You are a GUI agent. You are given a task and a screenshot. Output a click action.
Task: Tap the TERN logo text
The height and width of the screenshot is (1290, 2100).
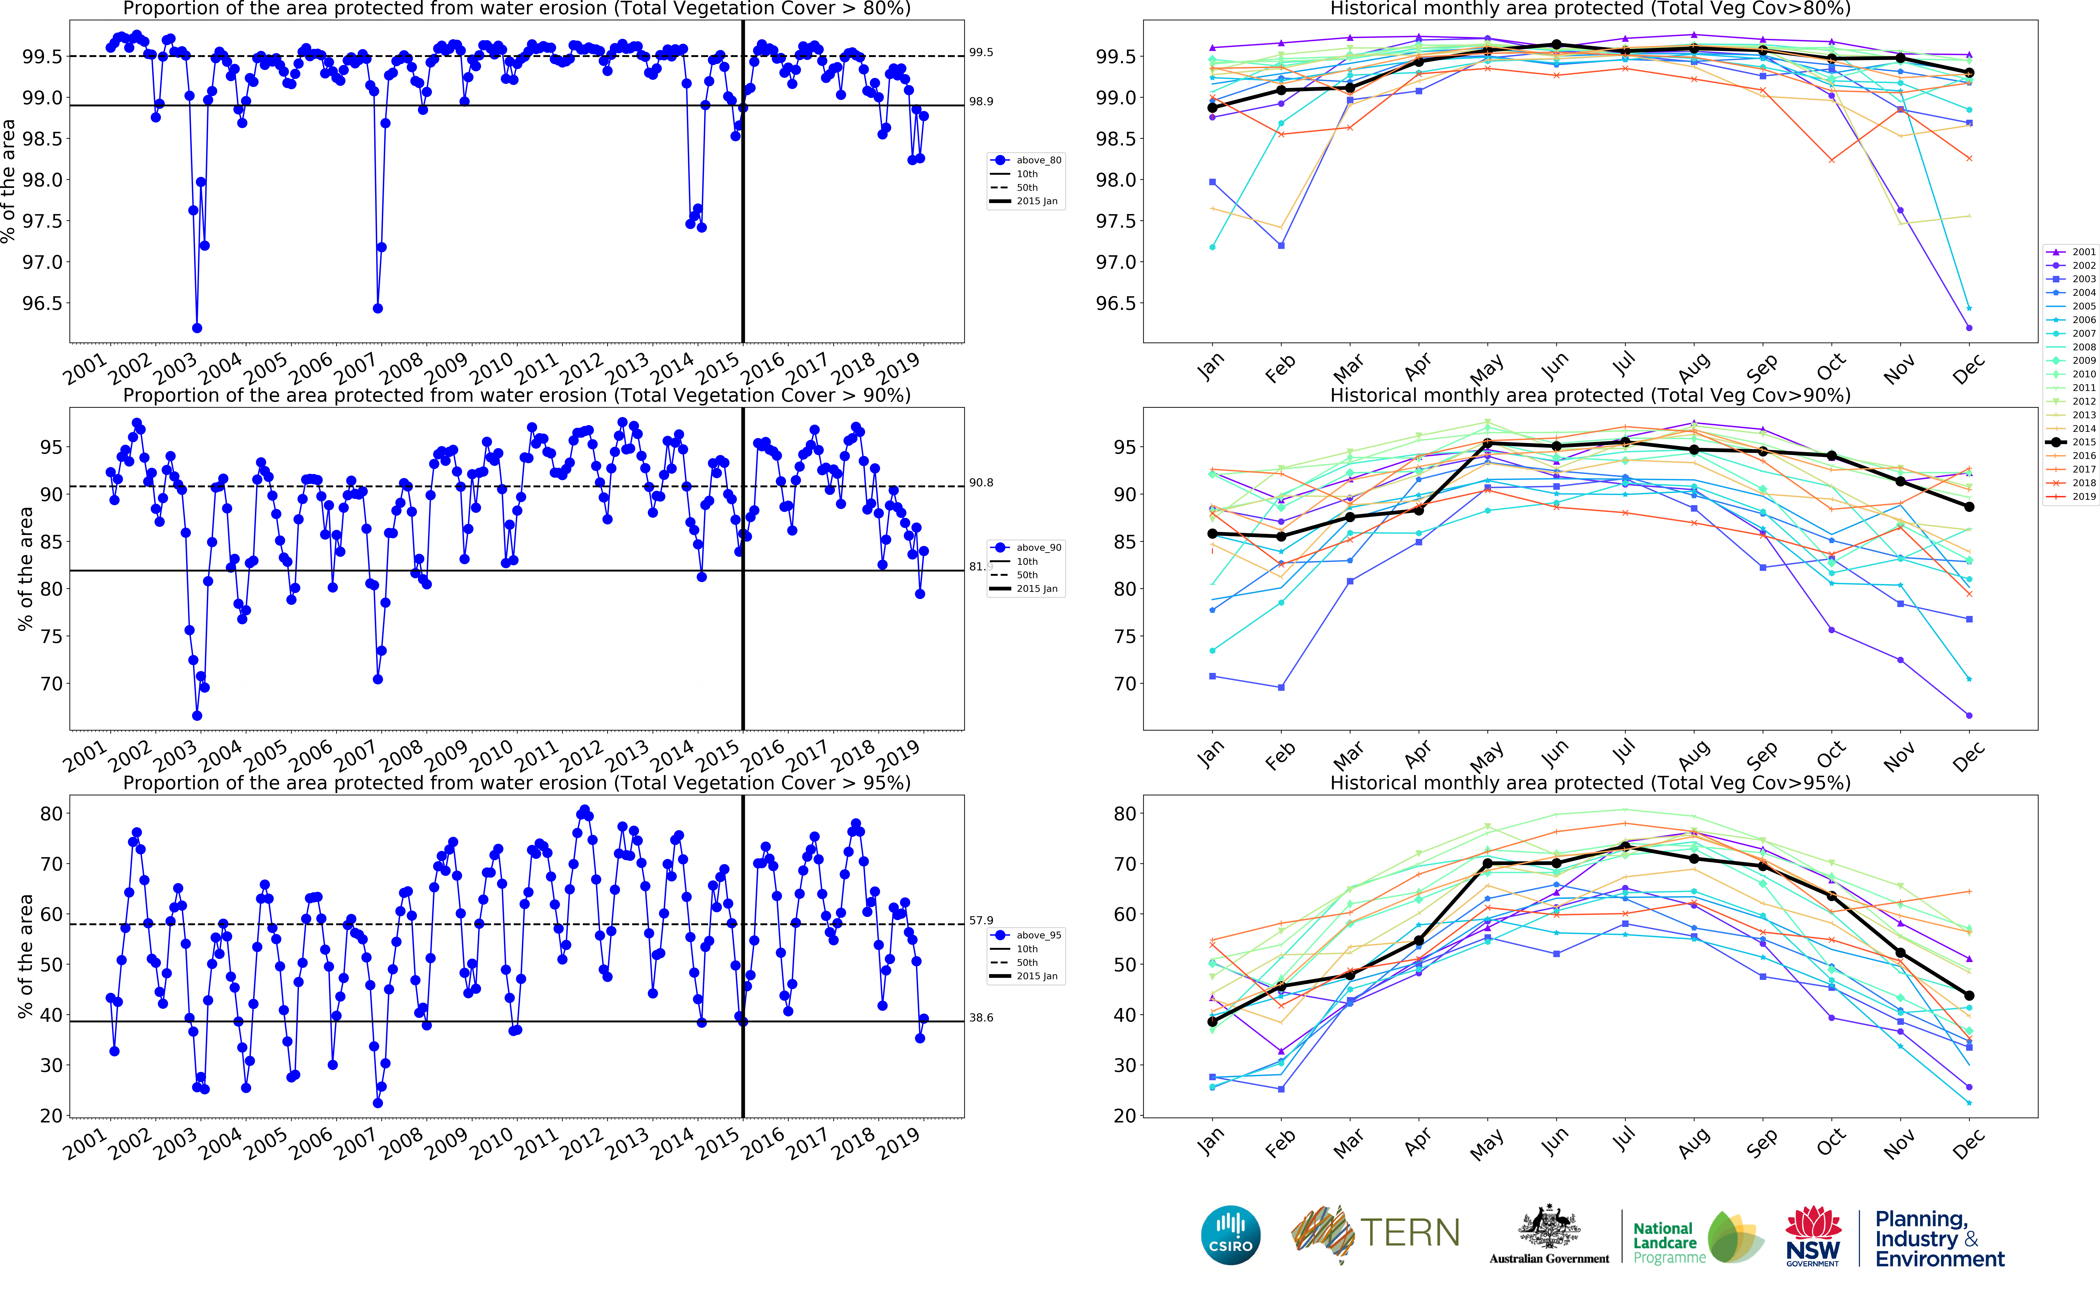(1409, 1233)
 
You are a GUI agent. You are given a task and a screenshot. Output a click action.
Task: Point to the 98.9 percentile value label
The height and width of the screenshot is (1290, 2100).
(981, 101)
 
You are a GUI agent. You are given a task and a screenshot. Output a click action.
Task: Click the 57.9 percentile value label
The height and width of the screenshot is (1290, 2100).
(981, 920)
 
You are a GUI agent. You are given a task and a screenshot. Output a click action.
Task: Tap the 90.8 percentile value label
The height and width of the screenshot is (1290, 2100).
(981, 483)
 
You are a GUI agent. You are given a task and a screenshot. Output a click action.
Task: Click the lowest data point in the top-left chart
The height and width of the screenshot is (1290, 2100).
(197, 328)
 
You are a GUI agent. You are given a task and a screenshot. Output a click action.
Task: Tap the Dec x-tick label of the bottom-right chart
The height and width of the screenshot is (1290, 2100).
(1968, 1142)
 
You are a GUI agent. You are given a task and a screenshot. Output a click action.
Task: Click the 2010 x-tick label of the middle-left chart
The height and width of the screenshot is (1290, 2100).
(492, 754)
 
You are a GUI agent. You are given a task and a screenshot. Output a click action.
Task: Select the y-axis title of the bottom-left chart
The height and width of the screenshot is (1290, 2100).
(26, 956)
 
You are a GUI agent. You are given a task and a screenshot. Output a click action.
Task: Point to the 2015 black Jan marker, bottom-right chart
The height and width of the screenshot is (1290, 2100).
(1212, 1021)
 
